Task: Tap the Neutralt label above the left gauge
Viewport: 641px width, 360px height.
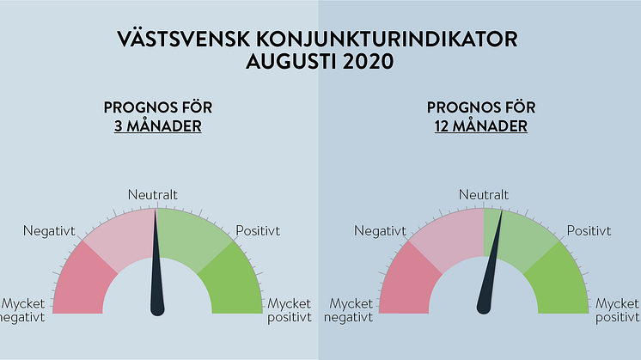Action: tap(153, 195)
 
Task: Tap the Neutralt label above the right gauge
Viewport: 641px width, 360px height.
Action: tap(484, 195)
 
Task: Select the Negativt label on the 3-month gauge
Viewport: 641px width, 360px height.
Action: tap(49, 231)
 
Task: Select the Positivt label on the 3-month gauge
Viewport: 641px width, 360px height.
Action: tap(258, 231)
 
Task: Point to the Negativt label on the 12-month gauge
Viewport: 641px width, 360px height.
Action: tap(380, 231)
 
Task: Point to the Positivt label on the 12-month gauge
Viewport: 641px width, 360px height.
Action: tap(589, 231)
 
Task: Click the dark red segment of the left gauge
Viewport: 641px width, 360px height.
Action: tap(82, 282)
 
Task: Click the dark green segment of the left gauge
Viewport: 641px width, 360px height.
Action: tap(233, 282)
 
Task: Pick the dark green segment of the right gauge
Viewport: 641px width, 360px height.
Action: tap(559, 282)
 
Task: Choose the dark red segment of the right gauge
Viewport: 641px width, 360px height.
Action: tap(407, 282)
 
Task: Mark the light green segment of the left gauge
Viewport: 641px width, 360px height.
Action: tap(192, 237)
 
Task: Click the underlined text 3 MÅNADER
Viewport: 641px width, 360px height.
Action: tap(158, 125)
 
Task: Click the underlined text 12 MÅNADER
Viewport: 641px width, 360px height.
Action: tap(481, 125)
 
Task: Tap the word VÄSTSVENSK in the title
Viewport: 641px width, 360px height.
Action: tap(184, 40)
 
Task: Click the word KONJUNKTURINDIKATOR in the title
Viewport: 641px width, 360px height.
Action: tap(388, 40)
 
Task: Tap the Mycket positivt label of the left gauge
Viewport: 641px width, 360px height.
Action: tap(290, 310)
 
